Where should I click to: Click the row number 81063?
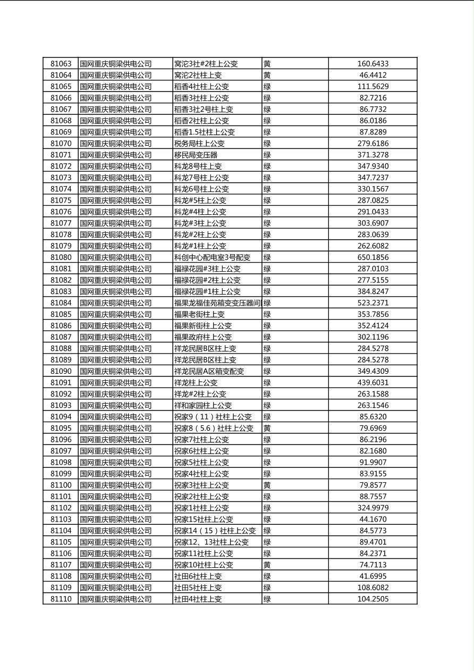coord(61,64)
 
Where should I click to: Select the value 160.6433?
coord(373,64)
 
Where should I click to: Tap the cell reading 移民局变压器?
coord(196,155)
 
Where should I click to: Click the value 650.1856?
coord(373,257)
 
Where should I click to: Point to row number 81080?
coord(61,257)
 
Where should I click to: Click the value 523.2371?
coord(373,303)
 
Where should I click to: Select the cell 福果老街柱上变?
coord(199,314)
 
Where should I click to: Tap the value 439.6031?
coord(373,383)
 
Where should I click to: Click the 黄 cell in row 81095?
coord(267,428)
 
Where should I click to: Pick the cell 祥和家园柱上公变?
coord(203,405)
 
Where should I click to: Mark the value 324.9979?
coord(373,508)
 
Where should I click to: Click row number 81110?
coord(61,599)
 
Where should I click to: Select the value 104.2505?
coord(373,599)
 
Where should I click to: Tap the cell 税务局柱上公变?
coord(199,144)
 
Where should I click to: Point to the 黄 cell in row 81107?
coord(267,565)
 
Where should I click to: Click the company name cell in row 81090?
coord(116,371)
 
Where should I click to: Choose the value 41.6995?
coord(373,576)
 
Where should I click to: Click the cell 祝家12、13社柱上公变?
coord(211,542)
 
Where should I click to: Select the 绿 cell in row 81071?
coord(267,155)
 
